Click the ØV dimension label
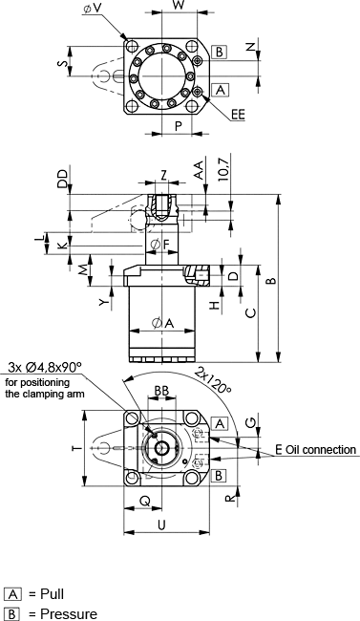[92, 9]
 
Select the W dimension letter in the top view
[180, 6]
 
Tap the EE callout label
[238, 115]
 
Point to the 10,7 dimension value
[223, 169]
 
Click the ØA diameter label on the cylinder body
[162, 324]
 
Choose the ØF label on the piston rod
[160, 245]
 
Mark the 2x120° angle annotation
[213, 380]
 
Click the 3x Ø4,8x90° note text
[45, 367]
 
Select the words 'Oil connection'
[321, 450]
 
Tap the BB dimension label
[161, 391]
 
